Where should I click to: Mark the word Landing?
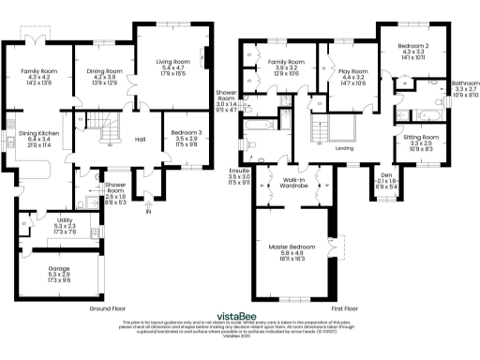click(x=343, y=148)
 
